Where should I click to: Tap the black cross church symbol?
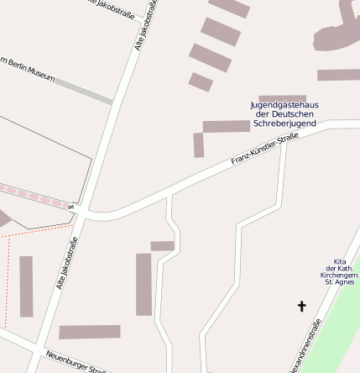coord(302,307)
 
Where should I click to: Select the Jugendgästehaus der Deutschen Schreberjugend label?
coord(284,113)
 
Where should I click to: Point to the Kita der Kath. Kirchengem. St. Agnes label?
coord(339,272)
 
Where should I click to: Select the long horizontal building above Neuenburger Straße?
coord(89,332)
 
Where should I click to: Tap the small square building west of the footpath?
coord(162,246)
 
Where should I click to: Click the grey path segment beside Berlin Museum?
coord(83,91)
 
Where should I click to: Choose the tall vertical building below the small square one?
coord(143,284)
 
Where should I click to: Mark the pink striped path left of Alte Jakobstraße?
coord(34,195)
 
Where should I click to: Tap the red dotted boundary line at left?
coord(7,277)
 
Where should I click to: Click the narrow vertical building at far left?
coord(26,286)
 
